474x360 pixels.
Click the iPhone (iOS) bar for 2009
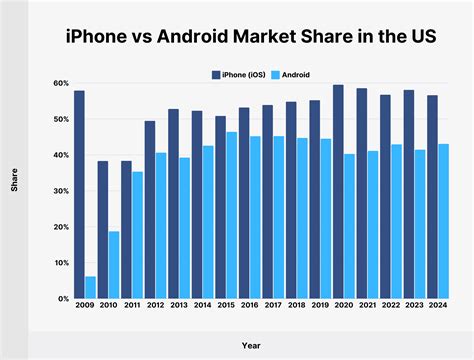[x=79, y=194]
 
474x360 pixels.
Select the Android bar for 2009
[x=90, y=287]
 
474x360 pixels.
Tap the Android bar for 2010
[x=114, y=264]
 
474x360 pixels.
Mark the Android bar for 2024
[x=444, y=221]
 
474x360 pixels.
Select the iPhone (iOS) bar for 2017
[x=268, y=201]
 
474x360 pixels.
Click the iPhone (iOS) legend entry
[x=245, y=73]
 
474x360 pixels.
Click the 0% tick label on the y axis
[x=63, y=298]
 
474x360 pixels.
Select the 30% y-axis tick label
[x=61, y=191]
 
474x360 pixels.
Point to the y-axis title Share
[x=15, y=186]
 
